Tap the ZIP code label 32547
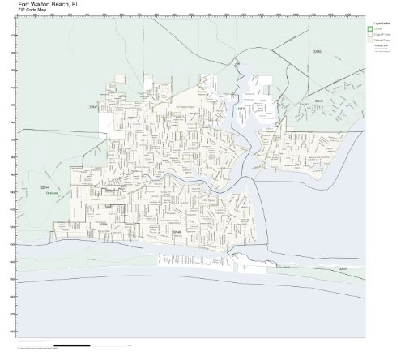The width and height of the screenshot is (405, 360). [94, 106]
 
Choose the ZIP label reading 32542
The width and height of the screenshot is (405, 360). [319, 101]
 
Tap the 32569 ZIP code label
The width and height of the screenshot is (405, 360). [102, 223]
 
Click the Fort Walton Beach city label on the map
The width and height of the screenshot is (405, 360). [159, 106]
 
